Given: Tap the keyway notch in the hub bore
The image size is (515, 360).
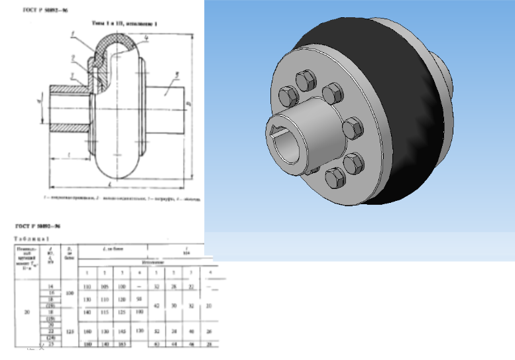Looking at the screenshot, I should pyautogui.click(x=276, y=127).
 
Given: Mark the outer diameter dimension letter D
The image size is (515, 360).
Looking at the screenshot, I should pyautogui.click(x=189, y=103).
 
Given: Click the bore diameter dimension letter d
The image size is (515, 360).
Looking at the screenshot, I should pyautogui.click(x=40, y=102).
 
